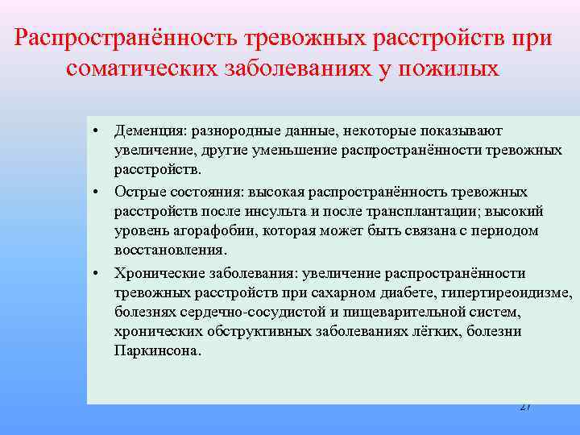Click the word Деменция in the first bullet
144,130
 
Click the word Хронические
155,272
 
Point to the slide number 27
525,407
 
